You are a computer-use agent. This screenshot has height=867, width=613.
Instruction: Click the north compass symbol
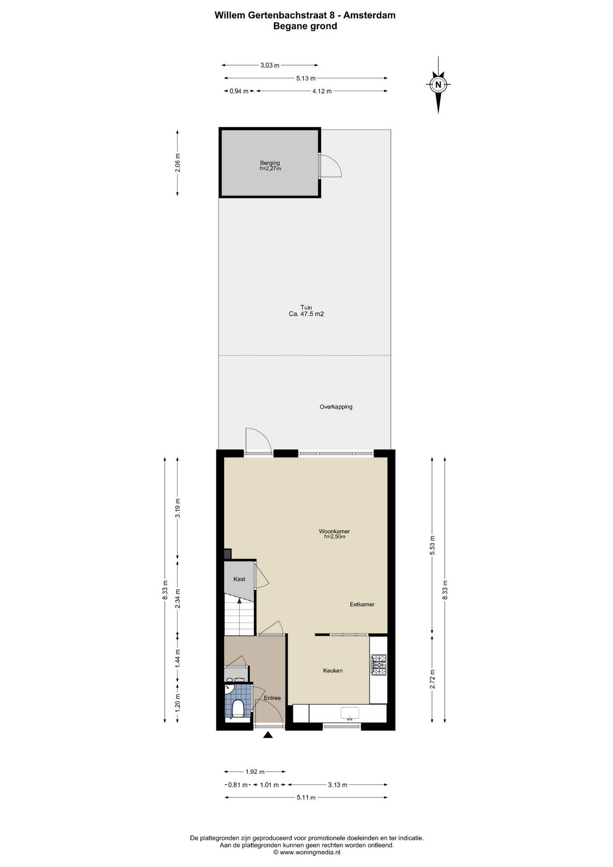tap(438, 84)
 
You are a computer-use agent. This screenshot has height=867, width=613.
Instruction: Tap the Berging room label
tap(270, 163)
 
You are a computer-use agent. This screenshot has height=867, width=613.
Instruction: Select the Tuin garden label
tap(306, 308)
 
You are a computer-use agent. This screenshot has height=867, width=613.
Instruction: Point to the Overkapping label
tap(336, 407)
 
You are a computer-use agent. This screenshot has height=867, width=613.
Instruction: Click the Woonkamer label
tap(334, 531)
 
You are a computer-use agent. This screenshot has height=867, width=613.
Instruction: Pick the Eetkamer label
tap(362, 605)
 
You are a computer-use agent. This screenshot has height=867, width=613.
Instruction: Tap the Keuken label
tap(333, 671)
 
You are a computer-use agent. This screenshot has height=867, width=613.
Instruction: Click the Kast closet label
tap(239, 579)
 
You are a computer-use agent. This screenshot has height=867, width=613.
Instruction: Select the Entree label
tap(272, 698)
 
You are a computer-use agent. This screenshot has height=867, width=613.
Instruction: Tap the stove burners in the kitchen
tap(378, 665)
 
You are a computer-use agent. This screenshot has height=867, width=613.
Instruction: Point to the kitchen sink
tap(350, 713)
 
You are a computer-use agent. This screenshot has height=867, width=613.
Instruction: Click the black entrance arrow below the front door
tap(268, 735)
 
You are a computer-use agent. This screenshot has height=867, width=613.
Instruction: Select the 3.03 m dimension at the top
tap(269, 65)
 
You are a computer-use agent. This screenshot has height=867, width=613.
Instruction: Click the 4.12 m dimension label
tap(322, 91)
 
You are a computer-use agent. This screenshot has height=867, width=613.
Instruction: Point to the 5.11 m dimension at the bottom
tap(306, 810)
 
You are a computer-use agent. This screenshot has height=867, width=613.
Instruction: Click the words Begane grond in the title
tap(305, 26)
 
